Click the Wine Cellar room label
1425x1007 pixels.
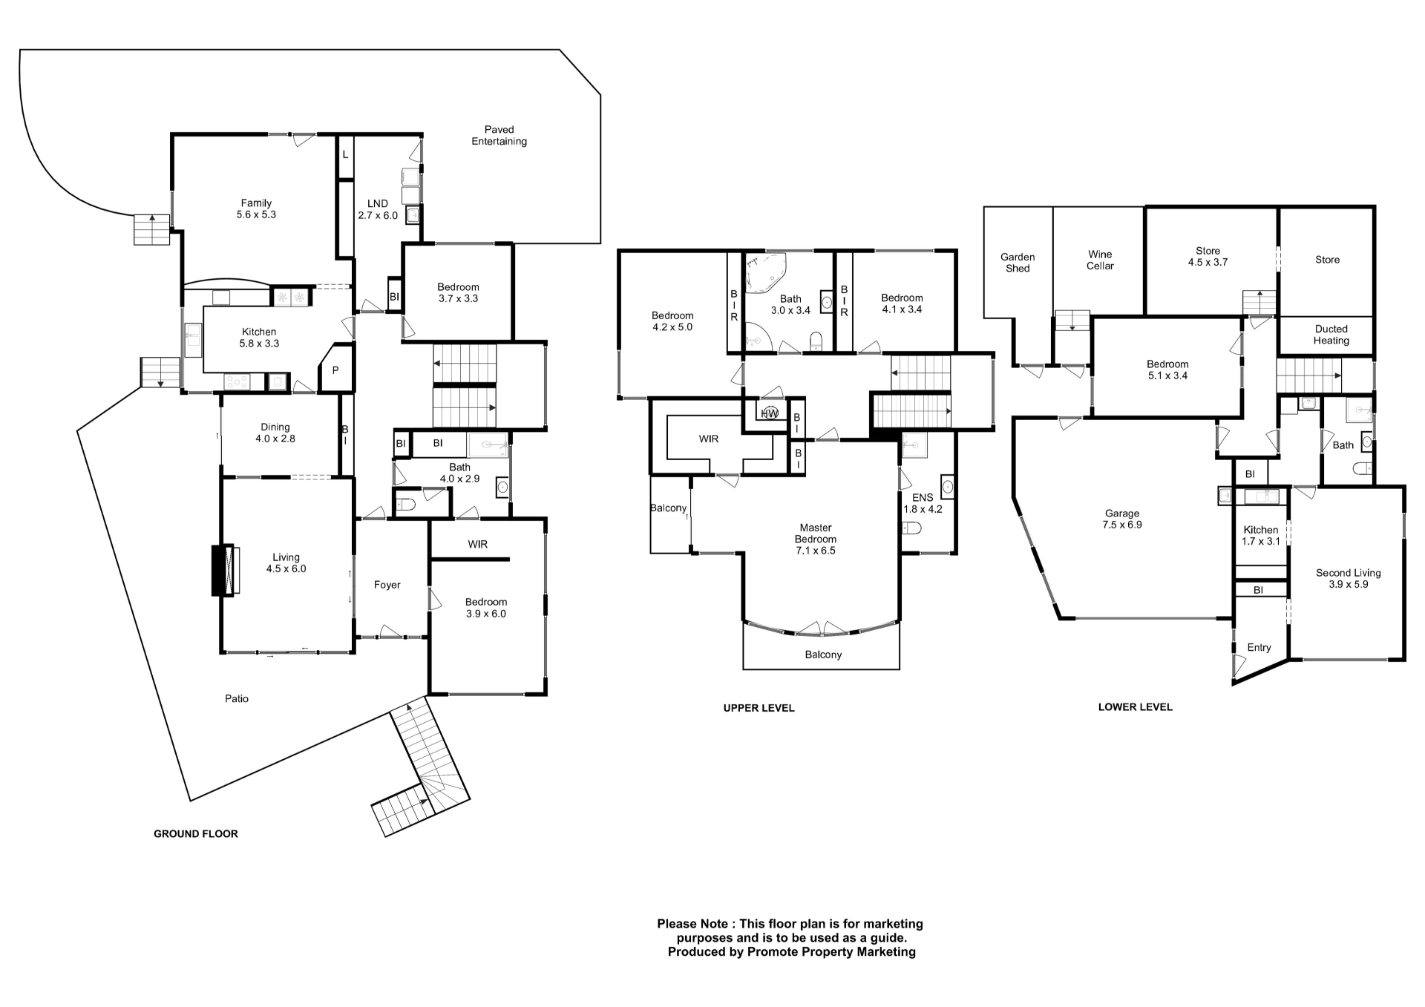[x=1100, y=260]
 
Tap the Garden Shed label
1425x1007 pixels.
[x=1018, y=263]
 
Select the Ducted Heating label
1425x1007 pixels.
[x=1331, y=335]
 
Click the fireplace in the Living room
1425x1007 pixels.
[x=225, y=570]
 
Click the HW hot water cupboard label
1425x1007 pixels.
[x=769, y=413]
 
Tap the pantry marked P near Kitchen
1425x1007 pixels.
[x=335, y=370]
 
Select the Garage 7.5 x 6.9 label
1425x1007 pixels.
[x=1121, y=519]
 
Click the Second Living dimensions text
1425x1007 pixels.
[x=1349, y=585]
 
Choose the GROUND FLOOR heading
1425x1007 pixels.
[x=196, y=833]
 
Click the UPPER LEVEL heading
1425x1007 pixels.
[x=759, y=708]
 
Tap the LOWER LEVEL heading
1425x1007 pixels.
[x=1135, y=707]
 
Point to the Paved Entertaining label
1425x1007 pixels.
[x=499, y=135]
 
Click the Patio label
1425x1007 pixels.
[x=237, y=698]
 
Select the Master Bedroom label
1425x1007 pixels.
[x=815, y=539]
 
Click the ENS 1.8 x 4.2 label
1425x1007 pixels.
[x=923, y=503]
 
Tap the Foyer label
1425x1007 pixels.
[x=387, y=585]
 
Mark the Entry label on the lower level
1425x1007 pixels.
[x=1259, y=647]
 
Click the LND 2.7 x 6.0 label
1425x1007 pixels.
[x=378, y=209]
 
